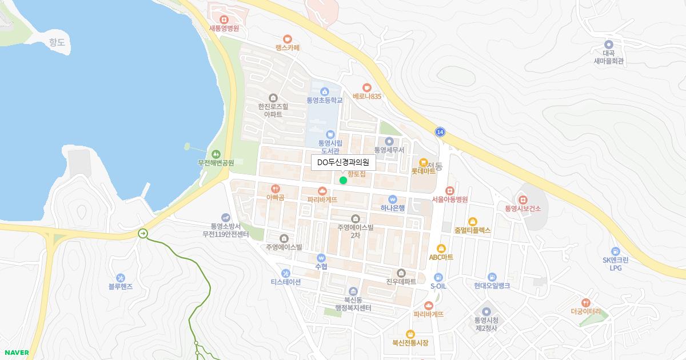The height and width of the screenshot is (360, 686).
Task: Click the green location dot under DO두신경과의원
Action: (x=343, y=181)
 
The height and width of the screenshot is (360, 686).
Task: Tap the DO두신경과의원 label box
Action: (x=343, y=163)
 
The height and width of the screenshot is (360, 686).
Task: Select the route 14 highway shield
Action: (x=439, y=132)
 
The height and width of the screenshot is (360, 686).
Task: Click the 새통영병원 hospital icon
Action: (x=224, y=19)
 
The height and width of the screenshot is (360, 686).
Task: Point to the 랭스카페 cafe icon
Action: (x=287, y=39)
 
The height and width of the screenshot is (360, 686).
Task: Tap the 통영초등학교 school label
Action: (x=324, y=100)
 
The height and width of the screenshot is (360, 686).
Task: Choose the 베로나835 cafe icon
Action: (x=366, y=87)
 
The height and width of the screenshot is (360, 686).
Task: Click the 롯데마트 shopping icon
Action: (x=424, y=162)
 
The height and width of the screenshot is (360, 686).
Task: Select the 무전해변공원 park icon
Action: (x=216, y=154)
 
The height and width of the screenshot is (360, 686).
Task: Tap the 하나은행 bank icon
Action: (x=392, y=199)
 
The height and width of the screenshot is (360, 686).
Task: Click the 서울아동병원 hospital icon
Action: (x=450, y=190)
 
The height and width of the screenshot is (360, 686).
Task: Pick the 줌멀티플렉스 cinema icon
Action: (x=472, y=221)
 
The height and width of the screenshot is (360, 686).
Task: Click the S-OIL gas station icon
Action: (x=438, y=277)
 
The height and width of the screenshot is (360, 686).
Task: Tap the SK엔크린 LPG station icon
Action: (x=615, y=251)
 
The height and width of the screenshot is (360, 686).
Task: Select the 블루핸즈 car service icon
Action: (x=120, y=278)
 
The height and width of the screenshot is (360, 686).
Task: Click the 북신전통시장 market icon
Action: (x=410, y=334)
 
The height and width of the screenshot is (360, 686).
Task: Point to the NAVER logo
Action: (x=16, y=353)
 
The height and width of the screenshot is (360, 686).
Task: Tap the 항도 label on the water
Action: (x=57, y=42)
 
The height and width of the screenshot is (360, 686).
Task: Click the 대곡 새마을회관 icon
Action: (x=608, y=44)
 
